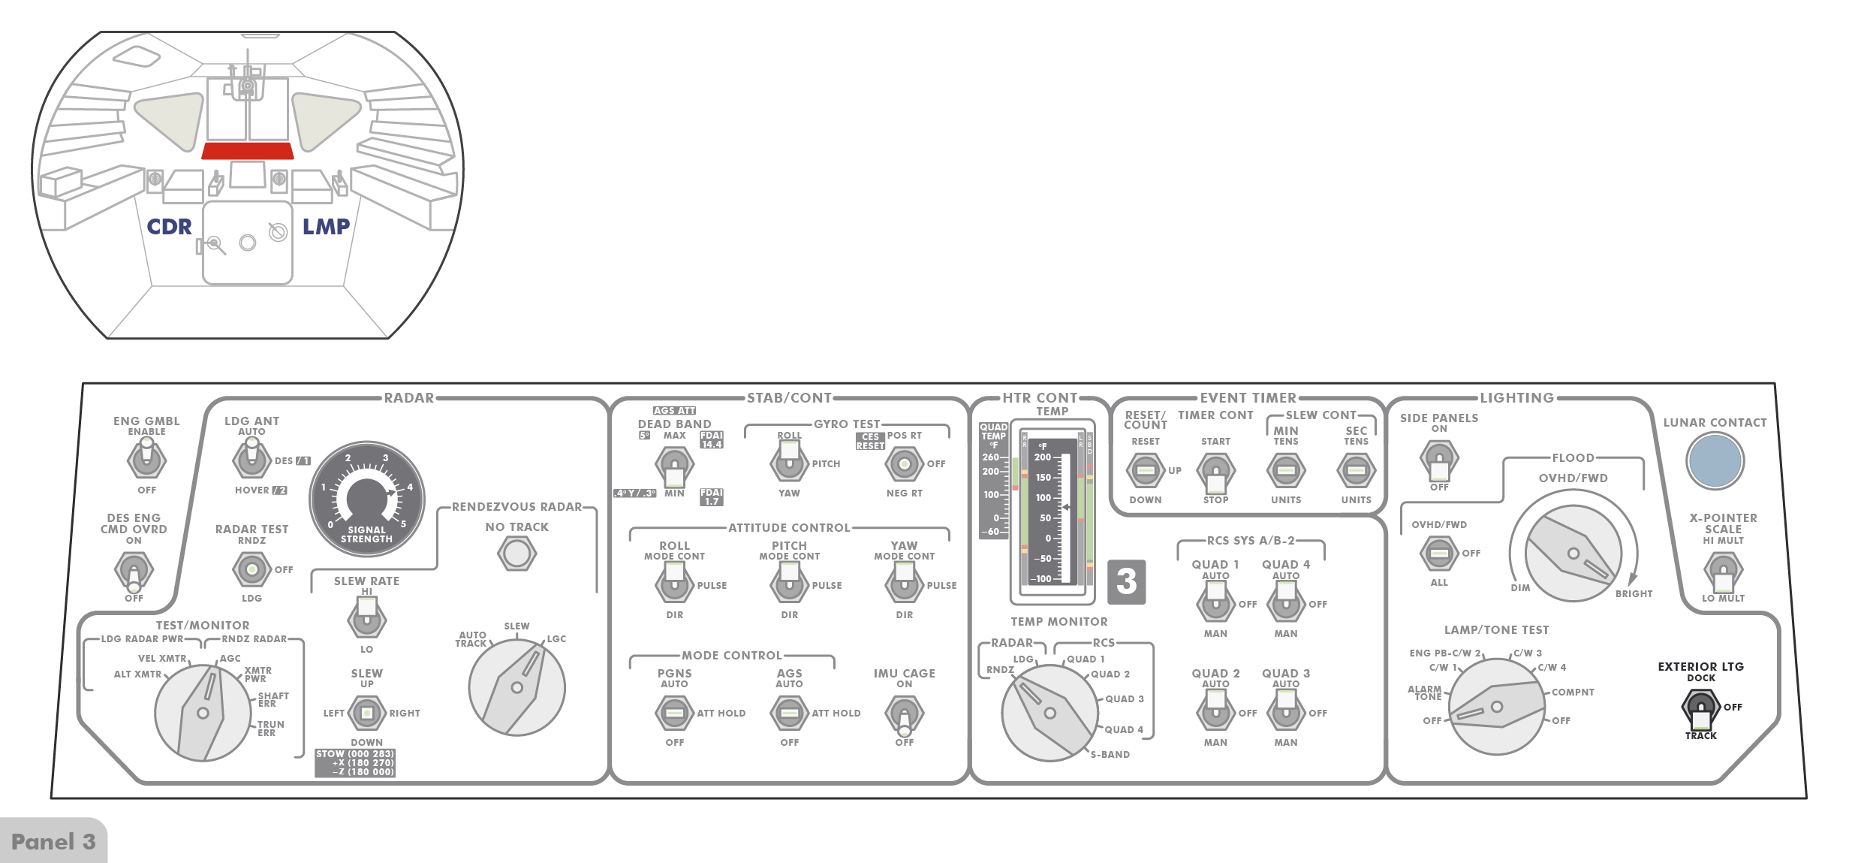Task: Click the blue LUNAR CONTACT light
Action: pyautogui.click(x=1715, y=461)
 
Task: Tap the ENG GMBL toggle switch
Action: pyautogui.click(x=146, y=458)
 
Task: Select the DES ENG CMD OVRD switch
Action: pyautogui.click(x=134, y=571)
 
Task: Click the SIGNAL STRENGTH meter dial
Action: pyautogui.click(x=367, y=498)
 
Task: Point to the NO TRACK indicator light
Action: pyautogui.click(x=516, y=554)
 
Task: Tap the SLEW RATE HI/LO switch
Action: pyautogui.click(x=366, y=617)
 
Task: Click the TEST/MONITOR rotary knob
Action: pyautogui.click(x=203, y=712)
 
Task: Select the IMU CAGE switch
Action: pyautogui.click(x=904, y=714)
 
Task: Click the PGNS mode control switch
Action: pyautogui.click(x=674, y=713)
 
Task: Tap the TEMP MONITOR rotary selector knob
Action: pyautogui.click(x=1049, y=712)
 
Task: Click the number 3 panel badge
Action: pyautogui.click(x=1126, y=581)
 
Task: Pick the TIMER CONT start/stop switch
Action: pyautogui.click(x=1215, y=472)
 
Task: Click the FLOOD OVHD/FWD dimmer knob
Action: pyautogui.click(x=1573, y=554)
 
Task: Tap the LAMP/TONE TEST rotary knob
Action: pyautogui.click(x=1496, y=706)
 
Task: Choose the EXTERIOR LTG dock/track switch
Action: pyautogui.click(x=1700, y=709)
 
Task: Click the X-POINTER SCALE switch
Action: pyautogui.click(x=1723, y=572)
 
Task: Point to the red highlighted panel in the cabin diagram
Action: pyautogui.click(x=247, y=150)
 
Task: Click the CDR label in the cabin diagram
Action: pyautogui.click(x=169, y=226)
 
